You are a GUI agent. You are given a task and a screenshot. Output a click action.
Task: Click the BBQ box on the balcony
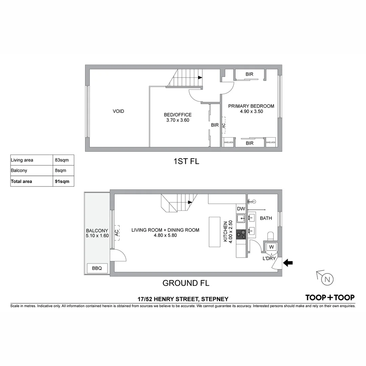click(x=97, y=268)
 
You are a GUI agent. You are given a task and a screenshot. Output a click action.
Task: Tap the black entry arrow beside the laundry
click(x=288, y=263)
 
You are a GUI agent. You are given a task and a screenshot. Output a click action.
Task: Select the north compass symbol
click(x=327, y=279)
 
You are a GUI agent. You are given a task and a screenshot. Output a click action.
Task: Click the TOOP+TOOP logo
click(x=330, y=298)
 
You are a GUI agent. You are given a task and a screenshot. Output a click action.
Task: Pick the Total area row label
click(x=22, y=181)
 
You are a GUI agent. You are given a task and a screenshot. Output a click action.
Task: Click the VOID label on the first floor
click(x=118, y=111)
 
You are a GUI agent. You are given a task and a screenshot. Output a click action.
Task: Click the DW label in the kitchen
click(x=241, y=208)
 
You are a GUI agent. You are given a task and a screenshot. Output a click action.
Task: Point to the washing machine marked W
click(x=271, y=247)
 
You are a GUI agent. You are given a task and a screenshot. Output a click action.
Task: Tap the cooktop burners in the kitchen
click(x=241, y=233)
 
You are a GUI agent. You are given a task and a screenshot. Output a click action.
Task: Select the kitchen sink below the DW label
click(x=241, y=218)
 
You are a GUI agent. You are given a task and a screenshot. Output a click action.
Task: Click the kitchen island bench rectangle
click(x=215, y=232)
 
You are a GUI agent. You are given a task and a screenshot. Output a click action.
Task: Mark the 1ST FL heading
click(x=186, y=161)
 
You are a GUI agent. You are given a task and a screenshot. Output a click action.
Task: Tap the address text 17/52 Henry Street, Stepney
click(x=183, y=299)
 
